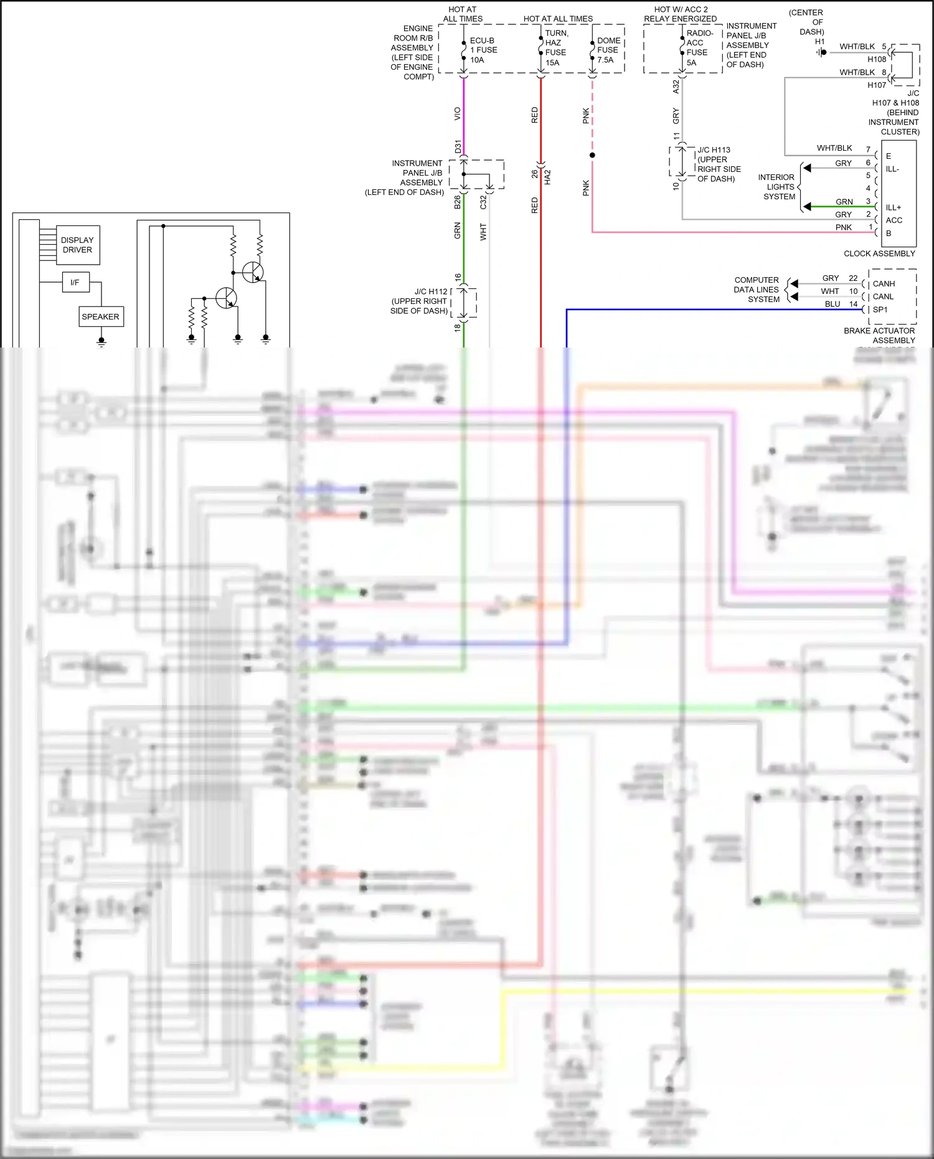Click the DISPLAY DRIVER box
click(77, 245)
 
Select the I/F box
click(75, 282)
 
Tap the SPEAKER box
click(100, 316)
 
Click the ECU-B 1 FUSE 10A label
click(483, 50)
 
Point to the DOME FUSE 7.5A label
click(608, 50)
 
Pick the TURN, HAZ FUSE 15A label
click(555, 48)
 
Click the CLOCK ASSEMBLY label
click(879, 253)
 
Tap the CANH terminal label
click(884, 284)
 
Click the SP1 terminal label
click(880, 310)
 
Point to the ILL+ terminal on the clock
click(893, 207)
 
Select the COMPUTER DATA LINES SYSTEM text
click(757, 290)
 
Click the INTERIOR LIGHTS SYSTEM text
click(776, 187)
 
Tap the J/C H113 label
click(714, 150)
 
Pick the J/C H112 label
click(431, 291)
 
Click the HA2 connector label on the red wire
click(548, 177)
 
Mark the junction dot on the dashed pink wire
click(592, 155)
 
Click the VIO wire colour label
click(458, 113)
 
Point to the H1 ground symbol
click(822, 52)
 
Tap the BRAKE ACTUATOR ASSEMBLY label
click(879, 335)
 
